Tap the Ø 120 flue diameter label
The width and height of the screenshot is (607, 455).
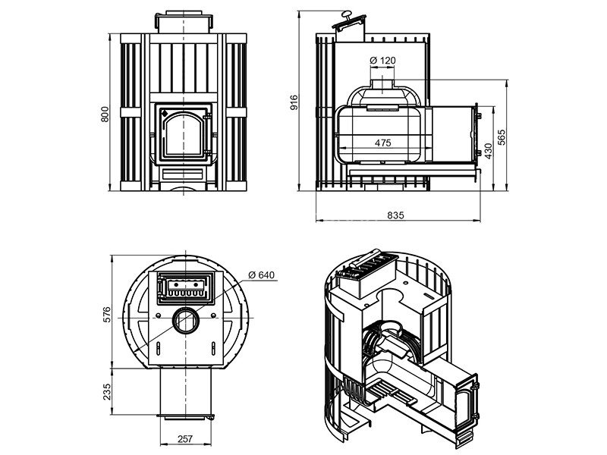click(383, 60)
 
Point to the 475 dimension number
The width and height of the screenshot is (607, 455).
click(383, 143)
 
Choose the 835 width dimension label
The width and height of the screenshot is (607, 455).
click(395, 215)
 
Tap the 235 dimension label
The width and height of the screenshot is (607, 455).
click(106, 391)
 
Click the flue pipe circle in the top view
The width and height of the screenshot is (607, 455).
click(183, 322)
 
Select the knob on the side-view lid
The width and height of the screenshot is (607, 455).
click(348, 14)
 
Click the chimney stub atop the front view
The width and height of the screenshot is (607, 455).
click(182, 23)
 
